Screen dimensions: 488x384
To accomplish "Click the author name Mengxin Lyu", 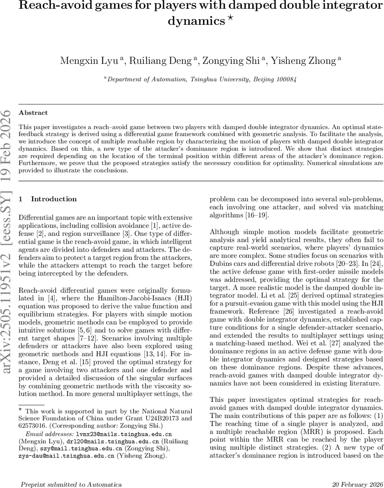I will click(89, 61).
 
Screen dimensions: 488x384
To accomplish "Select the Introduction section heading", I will click(54, 199).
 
